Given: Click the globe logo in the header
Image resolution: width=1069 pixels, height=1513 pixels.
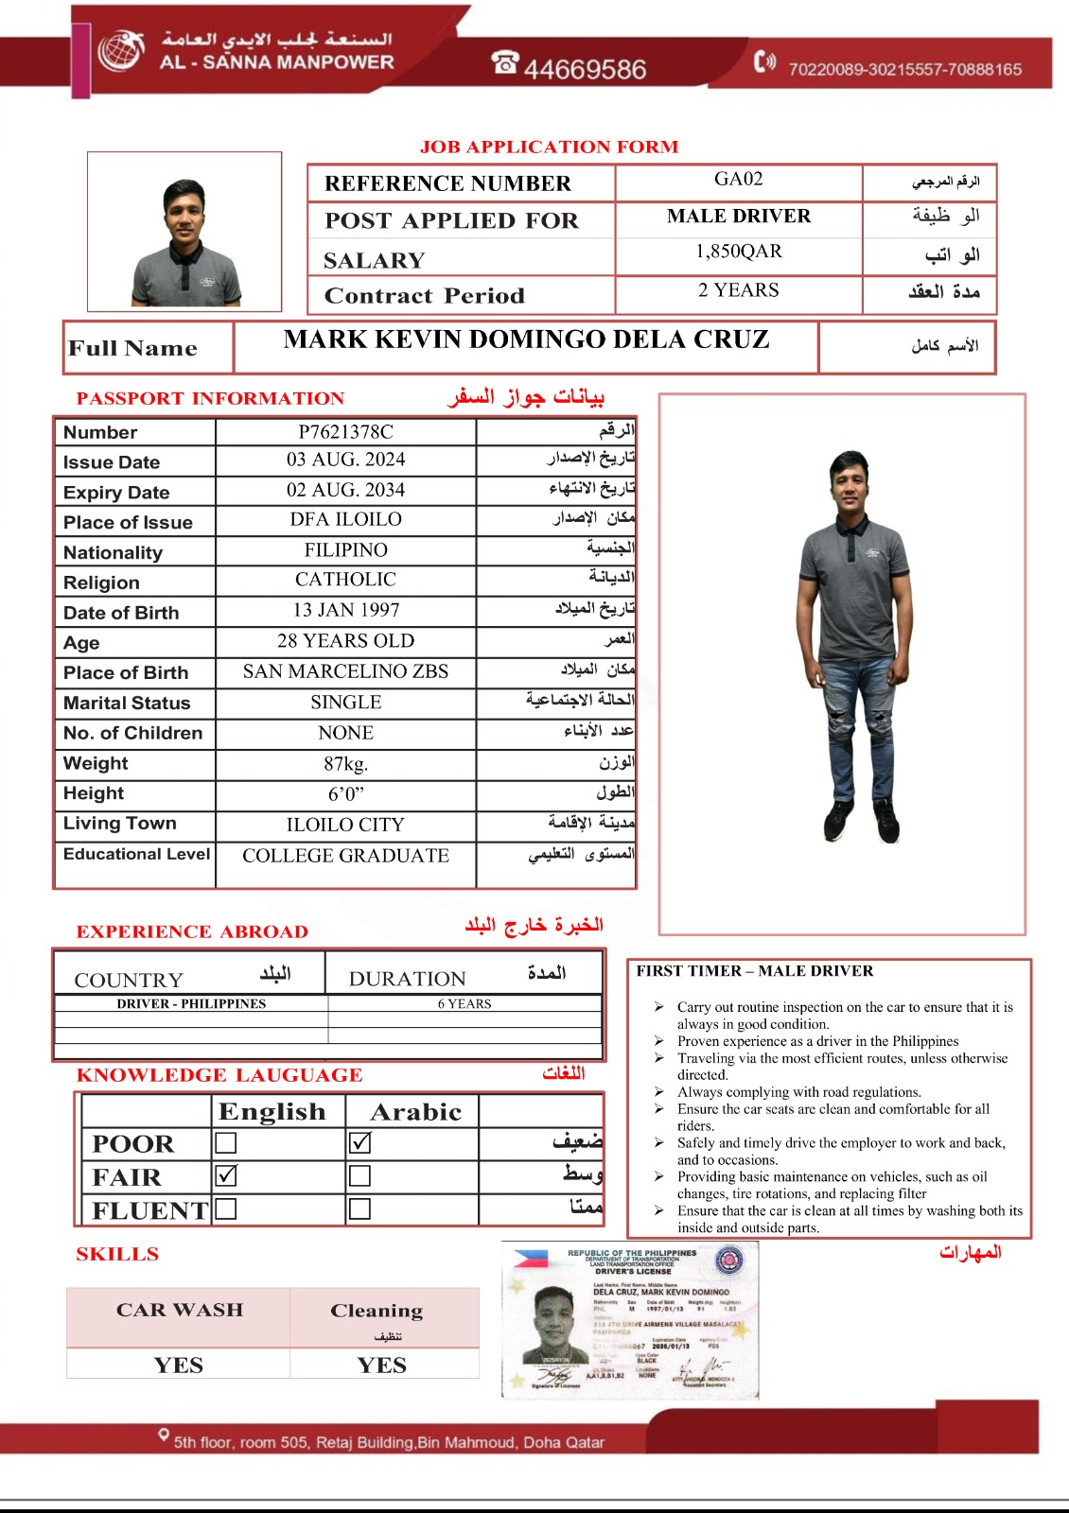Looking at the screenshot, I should [x=120, y=50].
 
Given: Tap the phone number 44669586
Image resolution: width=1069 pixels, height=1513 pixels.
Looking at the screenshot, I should [x=585, y=69].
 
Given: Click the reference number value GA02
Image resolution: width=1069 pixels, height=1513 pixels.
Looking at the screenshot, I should [x=738, y=180].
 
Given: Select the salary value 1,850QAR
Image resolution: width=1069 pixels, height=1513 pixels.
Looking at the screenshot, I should [x=738, y=252].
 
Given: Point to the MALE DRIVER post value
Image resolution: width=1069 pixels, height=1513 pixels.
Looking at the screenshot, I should [x=738, y=217].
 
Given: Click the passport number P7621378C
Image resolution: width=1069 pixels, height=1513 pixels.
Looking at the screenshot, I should [x=345, y=432].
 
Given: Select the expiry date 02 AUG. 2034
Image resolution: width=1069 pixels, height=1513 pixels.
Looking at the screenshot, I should [x=345, y=490].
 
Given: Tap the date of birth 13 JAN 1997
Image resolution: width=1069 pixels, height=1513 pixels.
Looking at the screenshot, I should [x=345, y=610].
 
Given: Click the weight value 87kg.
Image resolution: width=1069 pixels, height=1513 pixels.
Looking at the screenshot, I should [x=345, y=764].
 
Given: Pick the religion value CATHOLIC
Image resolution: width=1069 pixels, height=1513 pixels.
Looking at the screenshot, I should [x=345, y=579].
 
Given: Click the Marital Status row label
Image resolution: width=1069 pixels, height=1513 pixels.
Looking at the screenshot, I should [x=127, y=703].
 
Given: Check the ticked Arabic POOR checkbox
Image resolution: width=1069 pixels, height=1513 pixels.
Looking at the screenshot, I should [x=359, y=1143].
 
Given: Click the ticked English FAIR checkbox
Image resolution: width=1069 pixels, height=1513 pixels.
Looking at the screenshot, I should [x=226, y=1176].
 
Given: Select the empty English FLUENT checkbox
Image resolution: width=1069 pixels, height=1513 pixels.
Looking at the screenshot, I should [x=226, y=1209].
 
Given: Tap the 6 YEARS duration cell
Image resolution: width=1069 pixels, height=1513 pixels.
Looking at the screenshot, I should [x=464, y=1004].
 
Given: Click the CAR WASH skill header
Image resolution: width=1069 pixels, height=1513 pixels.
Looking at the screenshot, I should [x=179, y=1310].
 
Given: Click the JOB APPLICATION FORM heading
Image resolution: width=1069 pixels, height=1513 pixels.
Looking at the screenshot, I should [x=549, y=147].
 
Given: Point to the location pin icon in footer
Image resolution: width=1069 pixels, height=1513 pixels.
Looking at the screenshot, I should [x=164, y=1436].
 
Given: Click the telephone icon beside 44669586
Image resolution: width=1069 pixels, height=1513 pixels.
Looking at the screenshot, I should [x=505, y=62].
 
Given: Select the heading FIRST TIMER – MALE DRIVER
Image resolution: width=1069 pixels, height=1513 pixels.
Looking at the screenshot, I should [x=755, y=971].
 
